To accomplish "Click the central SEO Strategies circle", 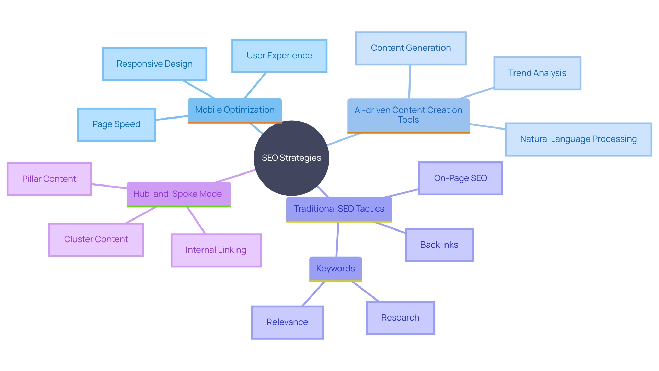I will click(291, 158).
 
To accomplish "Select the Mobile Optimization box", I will click(235, 110).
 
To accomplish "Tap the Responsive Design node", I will click(154, 64).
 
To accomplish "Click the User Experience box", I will click(279, 56).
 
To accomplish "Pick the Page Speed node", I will click(116, 124).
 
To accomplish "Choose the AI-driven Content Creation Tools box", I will click(408, 115).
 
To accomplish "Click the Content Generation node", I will click(411, 48).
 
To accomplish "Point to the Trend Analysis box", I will click(537, 73).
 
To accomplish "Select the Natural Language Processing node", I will click(578, 139).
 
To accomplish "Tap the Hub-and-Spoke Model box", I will click(178, 194).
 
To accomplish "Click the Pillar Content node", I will click(49, 179).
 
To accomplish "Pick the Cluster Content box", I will click(96, 239).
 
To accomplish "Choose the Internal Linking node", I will click(216, 250).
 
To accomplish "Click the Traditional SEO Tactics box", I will click(339, 209).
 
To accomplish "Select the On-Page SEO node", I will click(460, 178).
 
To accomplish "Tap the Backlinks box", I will click(439, 245).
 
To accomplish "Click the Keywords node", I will click(335, 269).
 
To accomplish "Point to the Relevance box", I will click(287, 322).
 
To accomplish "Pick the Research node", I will click(400, 318).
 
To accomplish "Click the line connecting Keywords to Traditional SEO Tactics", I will click(337, 239).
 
